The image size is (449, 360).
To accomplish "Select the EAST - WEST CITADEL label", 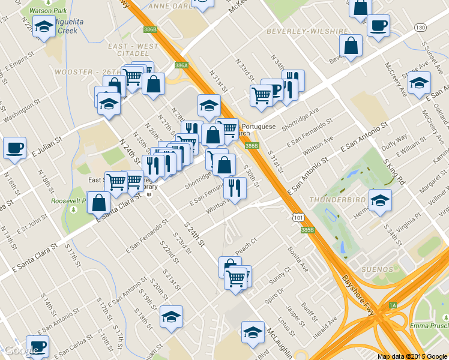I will [133, 50].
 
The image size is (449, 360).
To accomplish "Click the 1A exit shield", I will [393, 305].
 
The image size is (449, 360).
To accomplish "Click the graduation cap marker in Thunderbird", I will [379, 201].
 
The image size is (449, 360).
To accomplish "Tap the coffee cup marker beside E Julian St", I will [14, 147].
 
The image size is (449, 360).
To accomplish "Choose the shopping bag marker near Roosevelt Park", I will [98, 203].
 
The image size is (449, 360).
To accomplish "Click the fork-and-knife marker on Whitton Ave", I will [234, 188].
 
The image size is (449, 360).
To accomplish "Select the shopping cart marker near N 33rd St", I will [261, 95].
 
